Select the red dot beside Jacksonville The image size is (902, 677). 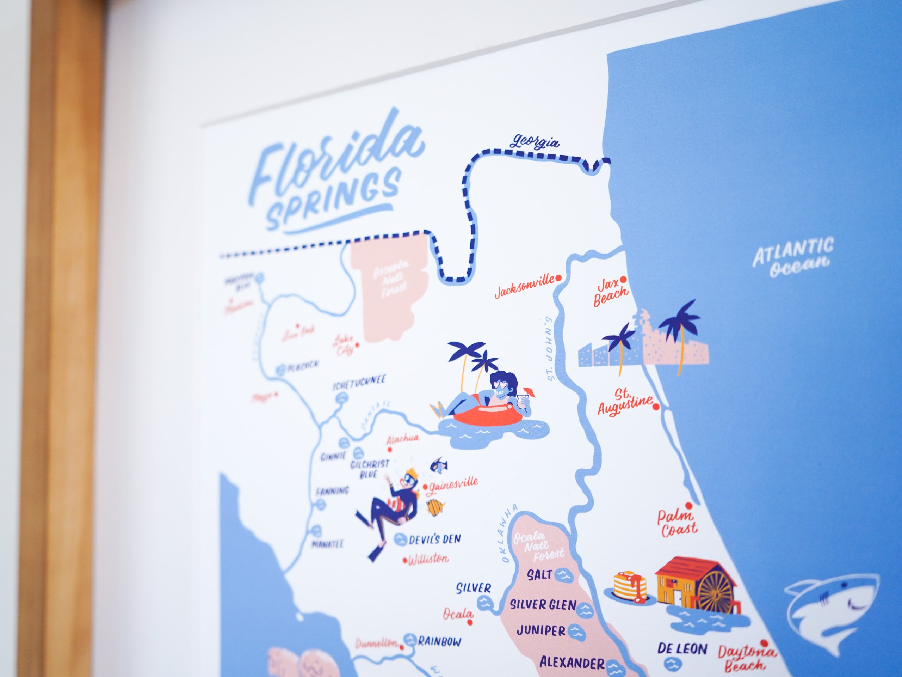click(x=559, y=278)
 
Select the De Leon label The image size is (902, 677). click(x=682, y=648)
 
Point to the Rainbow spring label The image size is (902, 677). click(x=440, y=641)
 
